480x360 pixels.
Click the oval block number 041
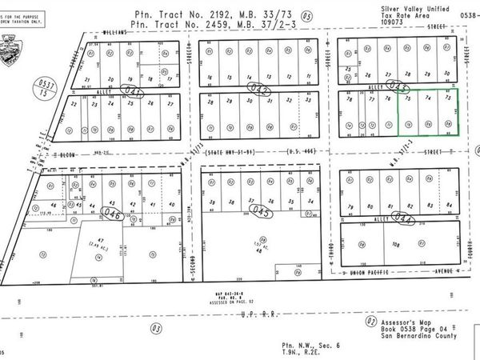[138, 94]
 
